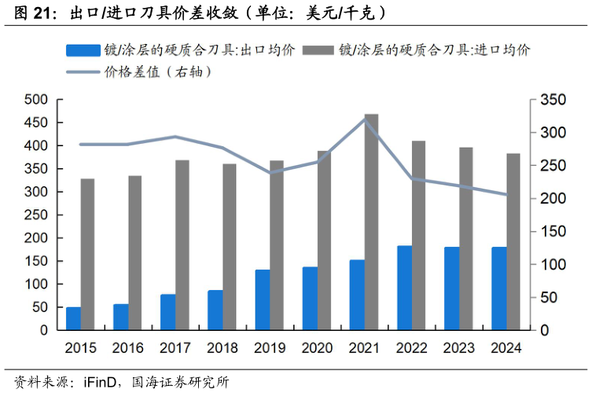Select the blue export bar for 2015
73,318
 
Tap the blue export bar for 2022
404,288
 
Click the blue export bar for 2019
262,299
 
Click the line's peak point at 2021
364,119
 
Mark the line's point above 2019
270,172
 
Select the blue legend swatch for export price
83,50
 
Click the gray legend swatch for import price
318,50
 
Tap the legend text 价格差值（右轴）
156,72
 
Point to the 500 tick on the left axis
36,100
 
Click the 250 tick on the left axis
36,215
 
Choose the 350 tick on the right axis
550,100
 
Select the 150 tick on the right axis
550,232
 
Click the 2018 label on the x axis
222,347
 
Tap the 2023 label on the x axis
459,347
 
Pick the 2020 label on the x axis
317,347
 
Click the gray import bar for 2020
324,241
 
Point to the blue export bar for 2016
120,317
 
